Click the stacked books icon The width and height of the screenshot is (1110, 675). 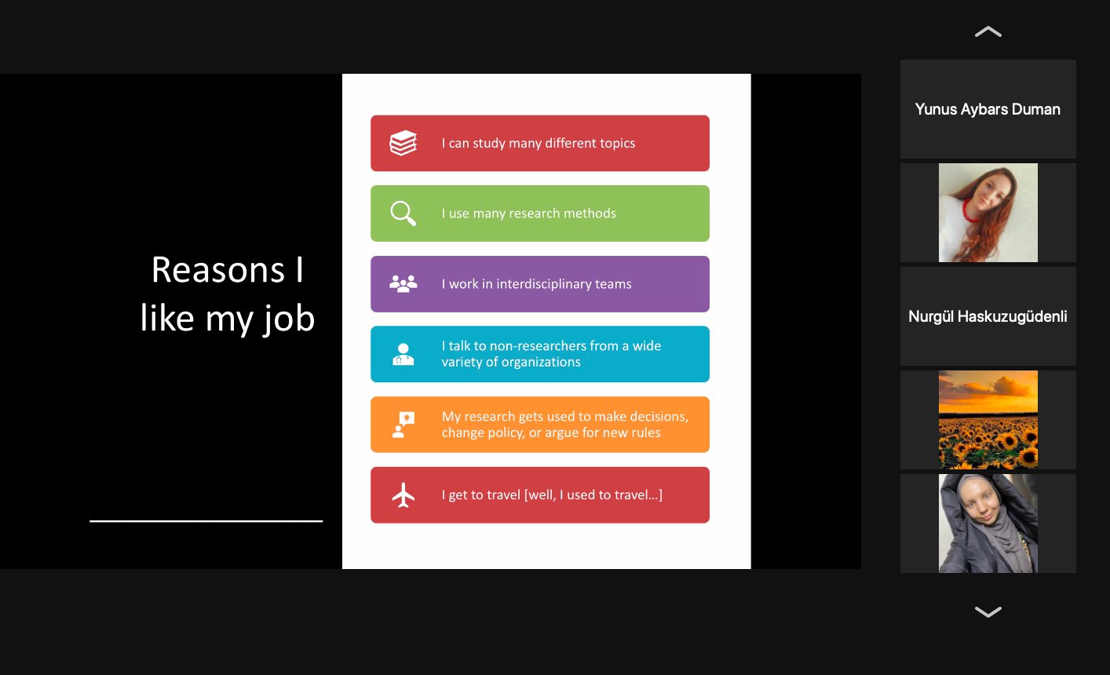click(x=403, y=143)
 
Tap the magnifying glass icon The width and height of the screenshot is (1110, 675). click(x=403, y=213)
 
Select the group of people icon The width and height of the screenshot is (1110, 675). click(x=403, y=284)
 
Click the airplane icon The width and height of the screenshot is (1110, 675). click(x=403, y=495)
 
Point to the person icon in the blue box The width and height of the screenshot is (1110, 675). click(x=403, y=354)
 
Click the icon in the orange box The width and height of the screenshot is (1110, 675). click(x=403, y=425)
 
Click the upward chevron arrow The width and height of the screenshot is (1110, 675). click(x=988, y=31)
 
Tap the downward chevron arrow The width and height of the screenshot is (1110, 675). click(x=988, y=612)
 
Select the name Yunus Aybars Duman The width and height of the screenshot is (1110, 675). click(x=988, y=109)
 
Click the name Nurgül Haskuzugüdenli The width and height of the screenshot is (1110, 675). click(x=988, y=316)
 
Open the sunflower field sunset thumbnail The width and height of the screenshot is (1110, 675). click(x=988, y=420)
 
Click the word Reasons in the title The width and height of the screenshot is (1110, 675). click(x=218, y=271)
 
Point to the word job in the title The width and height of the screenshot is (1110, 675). click(x=289, y=319)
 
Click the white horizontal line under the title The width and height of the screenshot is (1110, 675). click(x=206, y=521)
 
